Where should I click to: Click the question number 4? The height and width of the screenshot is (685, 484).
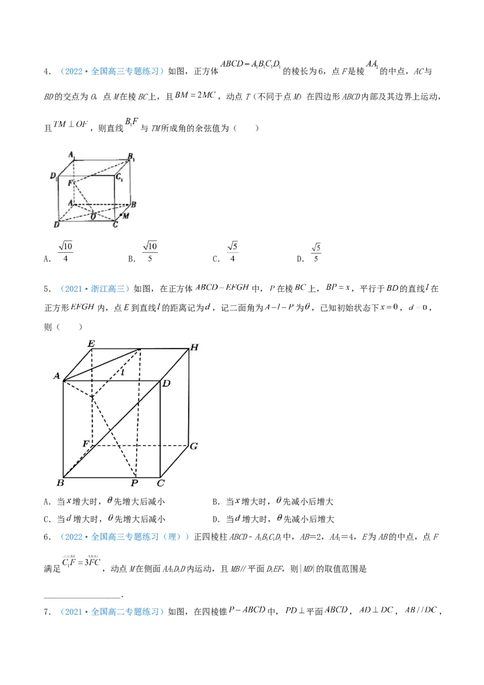pyautogui.click(x=47, y=71)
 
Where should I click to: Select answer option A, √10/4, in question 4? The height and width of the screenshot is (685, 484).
pyautogui.click(x=59, y=252)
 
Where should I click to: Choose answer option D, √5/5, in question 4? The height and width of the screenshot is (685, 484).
pyautogui.click(x=310, y=253)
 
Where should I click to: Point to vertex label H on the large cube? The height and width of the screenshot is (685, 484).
pyautogui.click(x=194, y=347)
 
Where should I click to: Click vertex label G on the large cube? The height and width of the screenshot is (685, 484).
pyautogui.click(x=194, y=446)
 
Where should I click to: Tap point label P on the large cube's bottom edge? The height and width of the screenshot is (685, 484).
pyautogui.click(x=134, y=483)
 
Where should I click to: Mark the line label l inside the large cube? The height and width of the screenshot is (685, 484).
pyautogui.click(x=123, y=372)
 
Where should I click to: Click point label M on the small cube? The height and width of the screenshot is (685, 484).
pyautogui.click(x=126, y=215)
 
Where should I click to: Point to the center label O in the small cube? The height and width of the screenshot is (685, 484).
pyautogui.click(x=93, y=217)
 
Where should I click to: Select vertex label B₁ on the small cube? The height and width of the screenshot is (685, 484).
pyautogui.click(x=131, y=157)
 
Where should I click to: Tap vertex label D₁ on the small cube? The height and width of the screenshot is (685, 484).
pyautogui.click(x=54, y=176)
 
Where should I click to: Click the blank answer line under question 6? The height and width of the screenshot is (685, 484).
pyautogui.click(x=82, y=595)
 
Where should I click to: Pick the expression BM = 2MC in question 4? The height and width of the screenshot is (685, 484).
pyautogui.click(x=195, y=95)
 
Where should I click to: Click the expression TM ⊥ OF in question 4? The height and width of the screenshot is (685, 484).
pyautogui.click(x=70, y=124)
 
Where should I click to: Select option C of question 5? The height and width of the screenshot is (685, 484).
pyautogui.click(x=105, y=519)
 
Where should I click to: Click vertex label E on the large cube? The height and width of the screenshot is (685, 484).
pyautogui.click(x=91, y=344)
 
